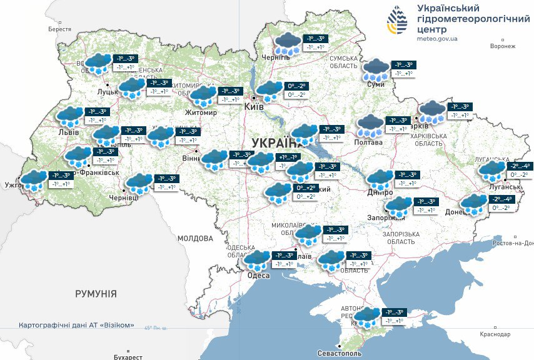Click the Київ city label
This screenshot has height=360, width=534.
coord(254,107)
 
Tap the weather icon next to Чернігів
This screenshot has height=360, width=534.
coord(287,43)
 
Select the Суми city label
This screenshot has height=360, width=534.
coord(376,84)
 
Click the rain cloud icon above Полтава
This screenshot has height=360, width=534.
coord(370,126)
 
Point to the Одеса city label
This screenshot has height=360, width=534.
coord(259,276)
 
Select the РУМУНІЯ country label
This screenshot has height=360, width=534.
coord(96,292)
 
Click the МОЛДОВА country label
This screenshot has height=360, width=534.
coord(195,238)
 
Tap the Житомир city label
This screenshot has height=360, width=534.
coord(200,113)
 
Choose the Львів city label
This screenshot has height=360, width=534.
coord(68,132)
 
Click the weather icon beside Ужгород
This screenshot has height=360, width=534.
coord(34,181)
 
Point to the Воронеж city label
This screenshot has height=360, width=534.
coord(503,46)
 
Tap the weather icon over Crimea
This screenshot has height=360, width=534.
coord(365,317)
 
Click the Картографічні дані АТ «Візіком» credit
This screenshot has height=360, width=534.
coord(76,325)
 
